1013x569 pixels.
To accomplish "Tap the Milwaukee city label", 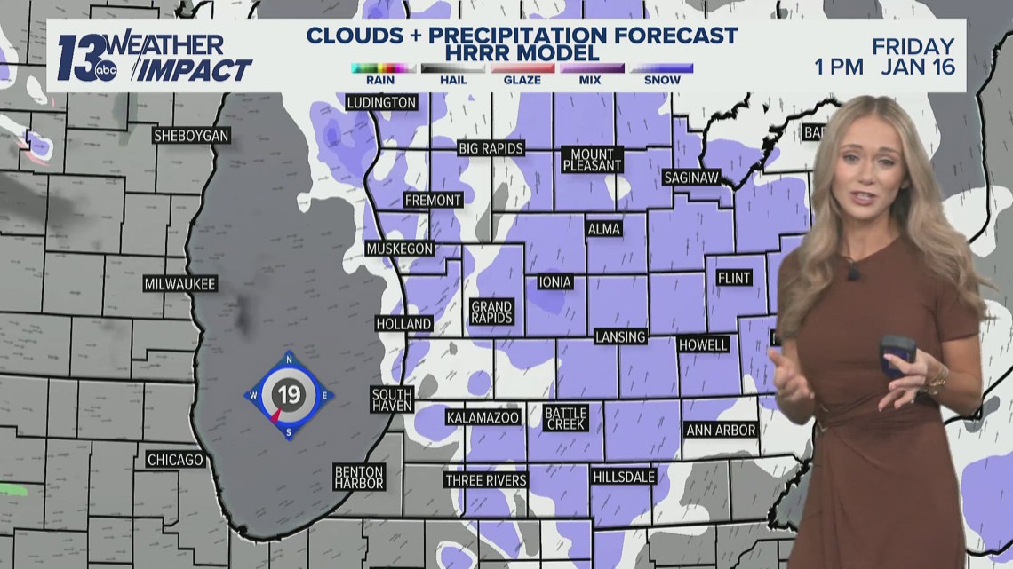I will point(180,284).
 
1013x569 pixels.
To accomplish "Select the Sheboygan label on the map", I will point(192,136).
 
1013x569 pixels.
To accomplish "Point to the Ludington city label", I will point(381,102).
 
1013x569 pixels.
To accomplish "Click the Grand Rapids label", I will point(491,312).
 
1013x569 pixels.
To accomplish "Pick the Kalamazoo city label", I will point(483,416).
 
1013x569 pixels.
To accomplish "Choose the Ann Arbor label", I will point(721,430).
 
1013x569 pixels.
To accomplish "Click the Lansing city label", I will point(620,337).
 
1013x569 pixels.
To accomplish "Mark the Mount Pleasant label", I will point(593,160).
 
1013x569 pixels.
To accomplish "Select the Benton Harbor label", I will point(359,477).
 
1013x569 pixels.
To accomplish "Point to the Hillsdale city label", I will point(623,477).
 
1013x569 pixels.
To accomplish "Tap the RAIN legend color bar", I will point(383,68).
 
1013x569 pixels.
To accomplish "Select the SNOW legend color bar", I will point(662,68).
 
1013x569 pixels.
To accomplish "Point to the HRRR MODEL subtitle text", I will point(521,54).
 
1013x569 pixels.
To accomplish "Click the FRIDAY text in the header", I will point(913,46).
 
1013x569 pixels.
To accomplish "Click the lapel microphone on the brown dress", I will point(852,271).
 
